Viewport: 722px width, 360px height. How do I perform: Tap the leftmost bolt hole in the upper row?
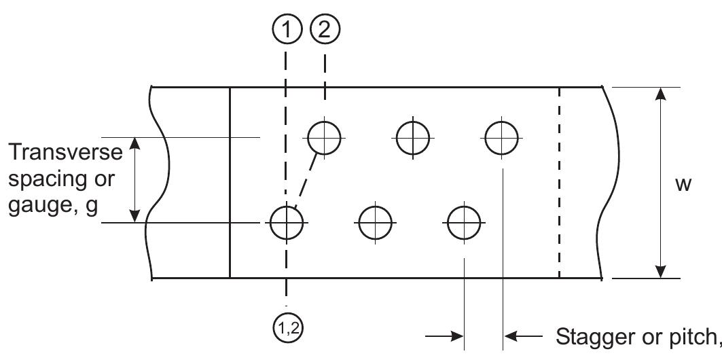[325, 138]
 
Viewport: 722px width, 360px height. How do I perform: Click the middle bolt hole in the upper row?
[413, 138]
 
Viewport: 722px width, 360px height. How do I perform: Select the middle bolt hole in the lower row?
[376, 223]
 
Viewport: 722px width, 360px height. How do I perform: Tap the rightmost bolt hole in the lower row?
[464, 223]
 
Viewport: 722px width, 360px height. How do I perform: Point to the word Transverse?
[66, 153]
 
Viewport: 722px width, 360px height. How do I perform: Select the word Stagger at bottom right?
[598, 336]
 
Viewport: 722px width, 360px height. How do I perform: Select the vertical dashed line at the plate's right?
[559, 183]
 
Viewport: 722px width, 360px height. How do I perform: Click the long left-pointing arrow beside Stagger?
[526, 336]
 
